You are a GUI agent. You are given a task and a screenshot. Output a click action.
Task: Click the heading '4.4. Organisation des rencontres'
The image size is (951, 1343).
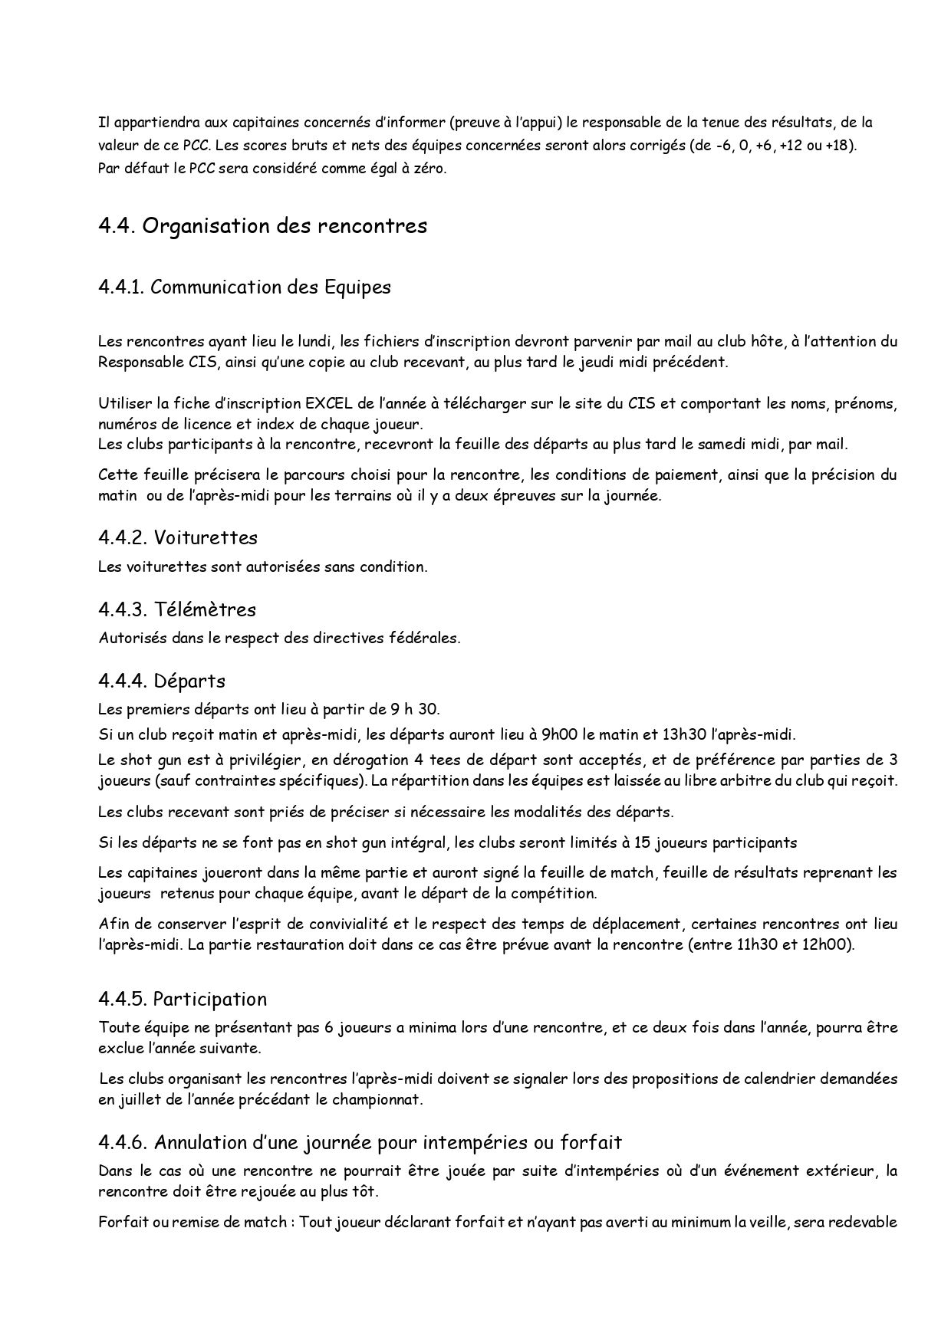click(262, 227)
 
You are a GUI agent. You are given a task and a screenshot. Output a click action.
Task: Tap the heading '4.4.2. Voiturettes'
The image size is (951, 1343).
click(177, 537)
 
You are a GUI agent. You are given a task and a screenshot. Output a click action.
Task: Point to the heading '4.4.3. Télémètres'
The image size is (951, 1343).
click(177, 609)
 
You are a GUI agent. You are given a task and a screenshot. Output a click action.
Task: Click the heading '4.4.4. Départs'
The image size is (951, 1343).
click(162, 681)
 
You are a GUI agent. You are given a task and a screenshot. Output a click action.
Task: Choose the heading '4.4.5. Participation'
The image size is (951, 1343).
click(183, 999)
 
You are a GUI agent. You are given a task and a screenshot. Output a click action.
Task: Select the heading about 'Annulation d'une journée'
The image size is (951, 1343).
click(360, 1142)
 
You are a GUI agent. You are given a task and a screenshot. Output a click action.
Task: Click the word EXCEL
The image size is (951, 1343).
click(327, 403)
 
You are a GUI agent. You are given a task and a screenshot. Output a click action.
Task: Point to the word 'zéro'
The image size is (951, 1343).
click(429, 169)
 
